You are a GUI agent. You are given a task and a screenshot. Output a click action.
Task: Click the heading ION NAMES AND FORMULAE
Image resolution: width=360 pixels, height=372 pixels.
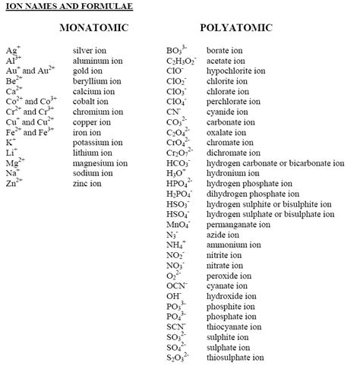(58, 7)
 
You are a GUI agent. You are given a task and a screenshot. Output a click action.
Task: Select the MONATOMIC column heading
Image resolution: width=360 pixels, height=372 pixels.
(93, 29)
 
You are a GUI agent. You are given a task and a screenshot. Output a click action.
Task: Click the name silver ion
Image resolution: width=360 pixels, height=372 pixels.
(92, 50)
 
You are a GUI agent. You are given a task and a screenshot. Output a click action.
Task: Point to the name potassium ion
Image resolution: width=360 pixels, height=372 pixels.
(97, 142)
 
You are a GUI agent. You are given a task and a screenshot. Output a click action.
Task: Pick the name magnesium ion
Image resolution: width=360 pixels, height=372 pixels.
(99, 162)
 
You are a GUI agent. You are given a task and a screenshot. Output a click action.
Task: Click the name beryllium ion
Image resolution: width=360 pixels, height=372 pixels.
(95, 80)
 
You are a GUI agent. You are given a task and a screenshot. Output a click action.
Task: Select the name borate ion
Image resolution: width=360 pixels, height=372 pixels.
(225, 50)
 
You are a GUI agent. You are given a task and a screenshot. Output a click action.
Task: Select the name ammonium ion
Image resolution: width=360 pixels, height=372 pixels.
(232, 245)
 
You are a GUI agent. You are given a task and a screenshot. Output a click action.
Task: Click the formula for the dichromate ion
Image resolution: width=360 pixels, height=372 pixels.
(179, 153)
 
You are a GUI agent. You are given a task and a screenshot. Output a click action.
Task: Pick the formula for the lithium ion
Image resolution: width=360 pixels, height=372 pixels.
(11, 153)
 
